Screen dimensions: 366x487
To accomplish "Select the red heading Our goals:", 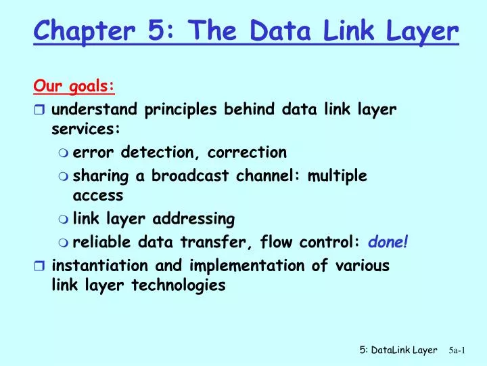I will click(74, 86).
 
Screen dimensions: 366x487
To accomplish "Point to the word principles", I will click(184, 108).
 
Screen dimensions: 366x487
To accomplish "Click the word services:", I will click(86, 129).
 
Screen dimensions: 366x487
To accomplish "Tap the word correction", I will click(247, 152).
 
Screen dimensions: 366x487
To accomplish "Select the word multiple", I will click(337, 176).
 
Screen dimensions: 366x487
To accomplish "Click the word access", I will click(98, 195).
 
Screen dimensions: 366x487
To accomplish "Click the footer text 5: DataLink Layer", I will click(398, 350).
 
